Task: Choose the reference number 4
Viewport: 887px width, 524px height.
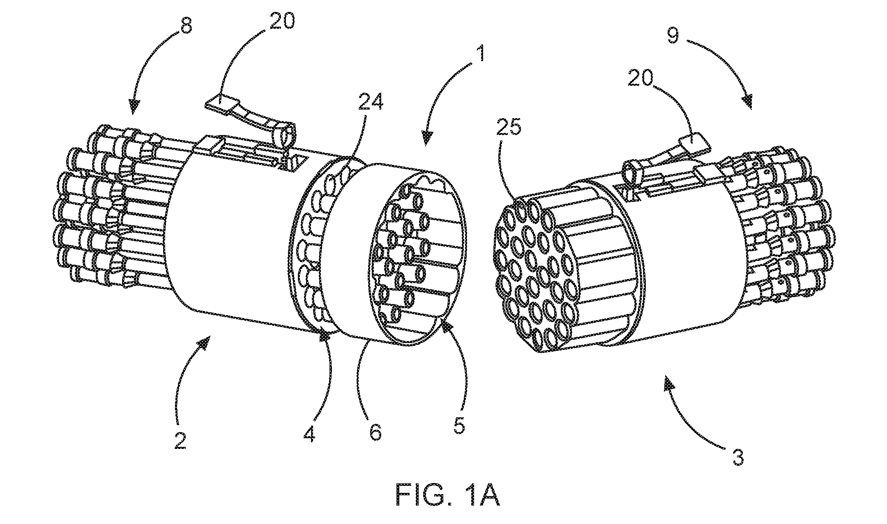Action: (309, 434)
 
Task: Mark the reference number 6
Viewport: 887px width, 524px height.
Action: (375, 433)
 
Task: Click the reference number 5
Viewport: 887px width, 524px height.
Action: (459, 427)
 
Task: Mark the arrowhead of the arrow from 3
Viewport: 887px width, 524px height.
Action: (669, 385)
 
